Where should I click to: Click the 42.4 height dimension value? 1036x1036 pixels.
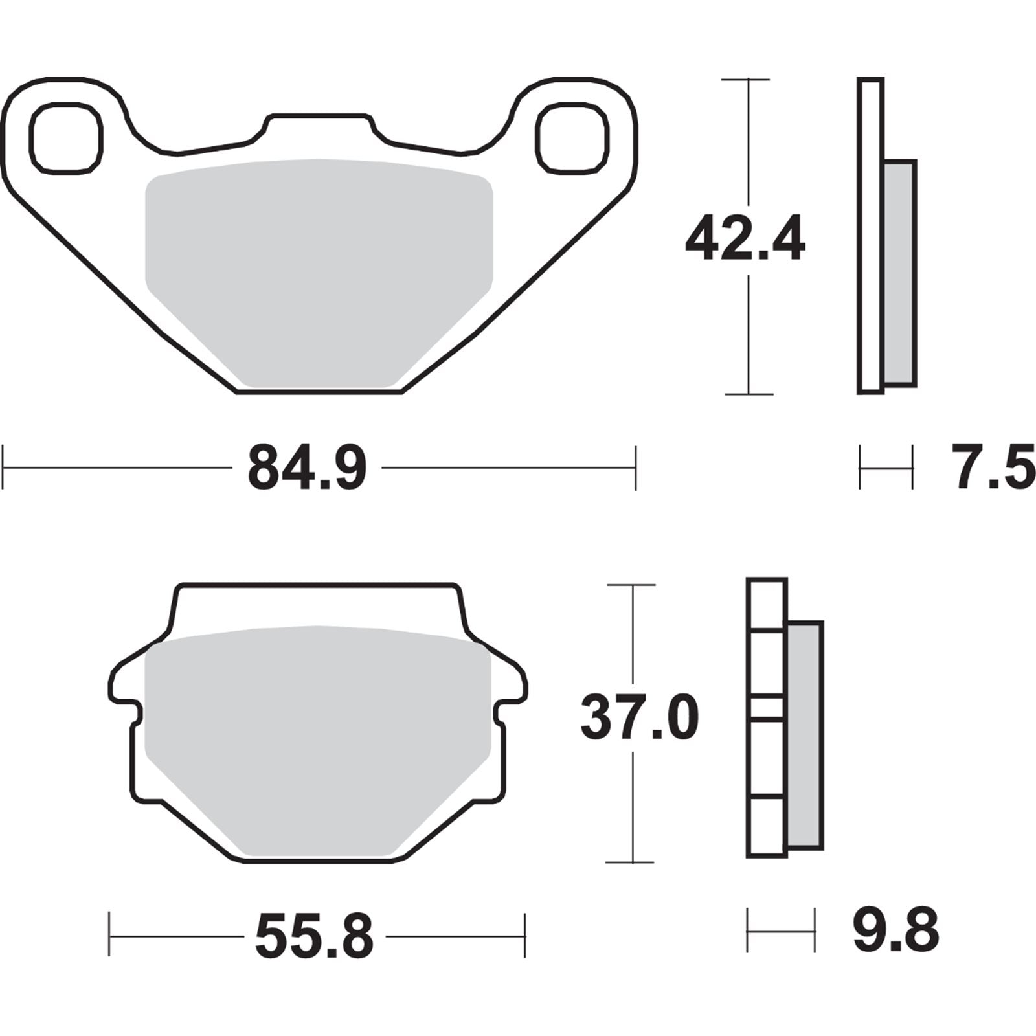tap(745, 240)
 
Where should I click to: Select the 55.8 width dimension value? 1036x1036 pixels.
tap(315, 936)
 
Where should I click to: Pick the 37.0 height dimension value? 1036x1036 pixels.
tap(640, 717)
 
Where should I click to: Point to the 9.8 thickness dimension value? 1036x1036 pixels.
tap(895, 930)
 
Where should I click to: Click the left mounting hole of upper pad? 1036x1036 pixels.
tap(66, 137)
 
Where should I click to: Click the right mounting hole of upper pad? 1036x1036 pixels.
tap(573, 137)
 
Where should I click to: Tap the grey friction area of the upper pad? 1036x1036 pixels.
tap(319, 272)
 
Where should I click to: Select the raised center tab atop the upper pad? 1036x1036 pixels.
tap(320, 126)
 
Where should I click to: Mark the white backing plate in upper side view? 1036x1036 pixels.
tap(870, 236)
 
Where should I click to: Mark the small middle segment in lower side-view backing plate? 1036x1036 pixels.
tap(767, 707)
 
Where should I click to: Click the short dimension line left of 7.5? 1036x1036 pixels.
tap(886, 467)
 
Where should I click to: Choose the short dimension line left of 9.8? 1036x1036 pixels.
tap(780, 930)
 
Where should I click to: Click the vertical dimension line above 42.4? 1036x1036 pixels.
tap(749, 142)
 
